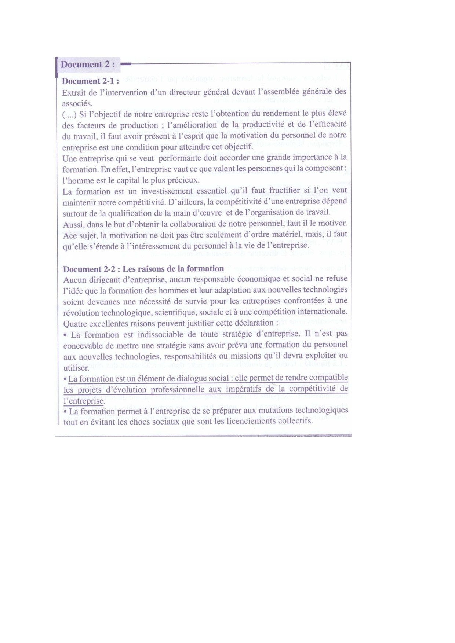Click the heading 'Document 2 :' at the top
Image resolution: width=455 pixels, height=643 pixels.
tap(88, 65)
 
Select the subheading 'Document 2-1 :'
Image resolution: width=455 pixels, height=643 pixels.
tap(90, 81)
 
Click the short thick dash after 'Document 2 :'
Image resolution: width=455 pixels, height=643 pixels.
tap(125, 64)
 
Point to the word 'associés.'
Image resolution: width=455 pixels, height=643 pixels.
tap(77, 103)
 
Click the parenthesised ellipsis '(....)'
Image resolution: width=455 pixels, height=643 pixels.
tap(69, 114)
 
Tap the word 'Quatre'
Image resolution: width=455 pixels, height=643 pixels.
tap(75, 324)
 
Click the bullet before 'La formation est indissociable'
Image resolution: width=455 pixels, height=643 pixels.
tap(65, 335)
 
